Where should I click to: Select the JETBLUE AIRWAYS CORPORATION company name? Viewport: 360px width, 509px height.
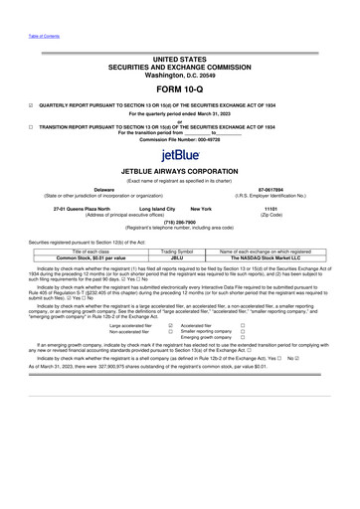(180, 169)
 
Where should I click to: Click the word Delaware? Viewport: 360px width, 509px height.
(76, 187)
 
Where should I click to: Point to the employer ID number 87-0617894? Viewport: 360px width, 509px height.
(283, 187)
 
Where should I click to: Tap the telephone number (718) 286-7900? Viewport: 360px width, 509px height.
(180, 224)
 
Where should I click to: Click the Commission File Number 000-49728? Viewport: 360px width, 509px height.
(180, 139)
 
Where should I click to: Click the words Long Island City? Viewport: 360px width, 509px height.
(147, 208)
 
